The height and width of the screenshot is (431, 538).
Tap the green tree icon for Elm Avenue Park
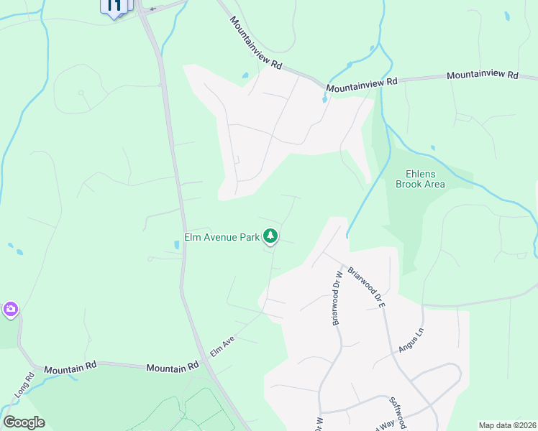[270, 236]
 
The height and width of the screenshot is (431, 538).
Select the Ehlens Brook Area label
[420, 178]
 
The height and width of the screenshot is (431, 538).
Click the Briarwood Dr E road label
[368, 287]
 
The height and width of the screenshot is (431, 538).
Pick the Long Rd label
[24, 386]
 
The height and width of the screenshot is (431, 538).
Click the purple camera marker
[10, 310]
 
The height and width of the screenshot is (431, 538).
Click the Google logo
[24, 422]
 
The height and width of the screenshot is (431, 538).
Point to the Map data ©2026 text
[507, 425]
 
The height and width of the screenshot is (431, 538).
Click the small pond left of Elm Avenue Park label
[177, 245]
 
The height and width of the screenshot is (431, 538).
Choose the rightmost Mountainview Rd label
[482, 75]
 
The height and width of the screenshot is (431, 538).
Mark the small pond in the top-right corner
[508, 16]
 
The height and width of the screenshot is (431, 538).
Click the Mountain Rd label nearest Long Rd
[70, 369]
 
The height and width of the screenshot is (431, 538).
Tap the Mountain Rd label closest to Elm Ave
[173, 367]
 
